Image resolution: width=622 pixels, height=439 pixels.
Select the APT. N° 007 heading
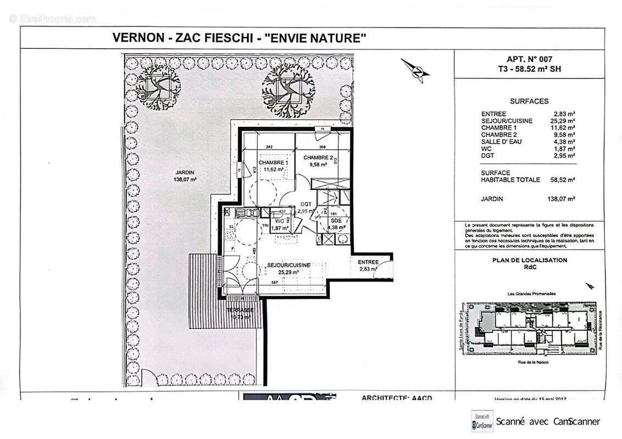tap(529, 59)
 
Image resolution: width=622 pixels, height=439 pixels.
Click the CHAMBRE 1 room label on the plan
tap(274, 164)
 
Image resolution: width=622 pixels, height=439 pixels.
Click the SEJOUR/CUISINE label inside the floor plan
tap(288, 265)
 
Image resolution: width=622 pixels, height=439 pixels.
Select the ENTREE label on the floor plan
tap(369, 262)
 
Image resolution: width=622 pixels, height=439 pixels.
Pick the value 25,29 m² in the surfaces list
tap(564, 121)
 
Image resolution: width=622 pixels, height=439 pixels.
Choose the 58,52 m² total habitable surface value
tap(563, 179)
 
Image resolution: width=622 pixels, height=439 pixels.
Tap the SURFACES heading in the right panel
tap(529, 102)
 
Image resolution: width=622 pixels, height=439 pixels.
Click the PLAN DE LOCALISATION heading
tap(530, 261)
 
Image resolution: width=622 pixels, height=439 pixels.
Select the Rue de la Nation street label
tap(529, 362)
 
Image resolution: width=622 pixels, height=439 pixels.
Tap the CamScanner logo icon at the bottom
tap(478, 421)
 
